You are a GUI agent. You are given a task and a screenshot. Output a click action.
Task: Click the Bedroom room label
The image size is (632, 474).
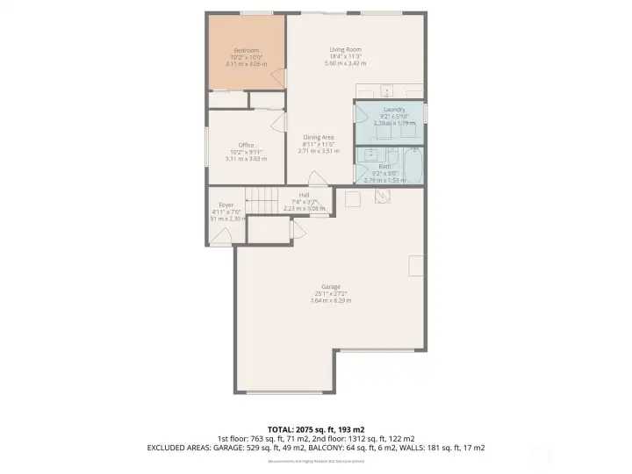(x=245, y=50)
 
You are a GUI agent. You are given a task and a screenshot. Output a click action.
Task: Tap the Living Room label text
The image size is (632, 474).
(x=346, y=50)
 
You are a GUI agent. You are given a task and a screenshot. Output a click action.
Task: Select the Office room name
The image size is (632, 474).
(x=245, y=145)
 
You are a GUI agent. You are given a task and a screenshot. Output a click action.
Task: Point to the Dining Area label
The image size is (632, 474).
(x=318, y=138)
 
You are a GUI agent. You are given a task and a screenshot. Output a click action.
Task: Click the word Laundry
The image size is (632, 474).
(x=394, y=109)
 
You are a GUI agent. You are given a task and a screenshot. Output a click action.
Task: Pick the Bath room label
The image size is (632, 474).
(x=385, y=166)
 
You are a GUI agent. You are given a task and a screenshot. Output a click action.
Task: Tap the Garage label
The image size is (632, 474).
(x=330, y=286)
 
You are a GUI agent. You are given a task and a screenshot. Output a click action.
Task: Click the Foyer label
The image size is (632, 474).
(x=226, y=205)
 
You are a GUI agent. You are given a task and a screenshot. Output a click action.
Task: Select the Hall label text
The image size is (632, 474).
(x=304, y=195)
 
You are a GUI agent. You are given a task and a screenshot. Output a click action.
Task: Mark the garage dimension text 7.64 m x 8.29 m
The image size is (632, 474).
(x=330, y=301)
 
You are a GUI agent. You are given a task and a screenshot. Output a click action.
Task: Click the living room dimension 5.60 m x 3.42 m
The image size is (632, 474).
(x=346, y=64)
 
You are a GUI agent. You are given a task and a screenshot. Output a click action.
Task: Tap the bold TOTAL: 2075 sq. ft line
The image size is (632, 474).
(x=315, y=427)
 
